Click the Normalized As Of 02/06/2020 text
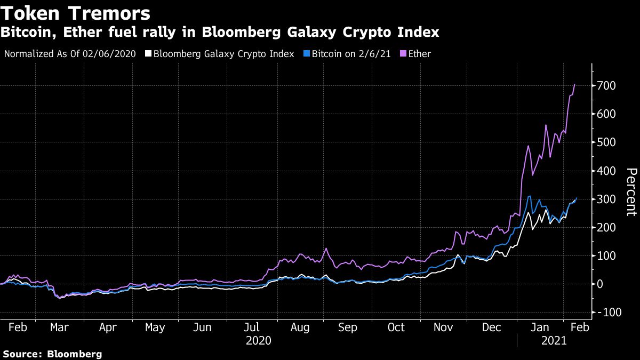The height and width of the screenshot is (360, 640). tap(70, 54)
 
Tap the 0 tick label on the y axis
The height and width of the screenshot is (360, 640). tap(601, 284)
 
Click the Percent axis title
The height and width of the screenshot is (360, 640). tap(631, 192)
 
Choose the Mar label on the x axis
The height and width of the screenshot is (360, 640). tap(59, 327)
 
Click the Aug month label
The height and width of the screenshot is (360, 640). tap(300, 327)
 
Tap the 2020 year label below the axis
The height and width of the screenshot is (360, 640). tap(258, 340)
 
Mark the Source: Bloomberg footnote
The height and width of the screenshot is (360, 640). tap(52, 354)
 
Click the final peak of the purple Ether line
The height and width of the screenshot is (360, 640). tap(574, 84)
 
